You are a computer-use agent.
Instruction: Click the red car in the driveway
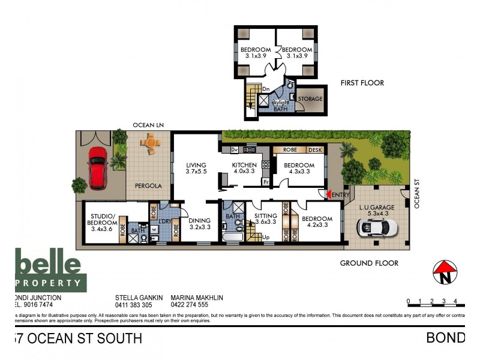pos(98,166)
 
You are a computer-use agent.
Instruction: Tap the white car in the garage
pos(377,227)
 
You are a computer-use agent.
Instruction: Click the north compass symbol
pos(445,271)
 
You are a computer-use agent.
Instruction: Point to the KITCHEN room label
pos(245,166)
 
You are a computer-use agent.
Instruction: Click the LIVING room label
pos(196,166)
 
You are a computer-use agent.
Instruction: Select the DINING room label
pos(200,220)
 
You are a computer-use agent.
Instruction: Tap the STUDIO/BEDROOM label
pos(103,220)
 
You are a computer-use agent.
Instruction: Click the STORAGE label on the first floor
pos(311,99)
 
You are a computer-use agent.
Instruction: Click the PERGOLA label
pos(148,186)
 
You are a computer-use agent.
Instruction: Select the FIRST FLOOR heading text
pos(362,83)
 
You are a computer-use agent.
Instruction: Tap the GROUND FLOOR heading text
pos(369,263)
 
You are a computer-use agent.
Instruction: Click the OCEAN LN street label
pos(148,125)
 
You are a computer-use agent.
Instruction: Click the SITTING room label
pos(266,217)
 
